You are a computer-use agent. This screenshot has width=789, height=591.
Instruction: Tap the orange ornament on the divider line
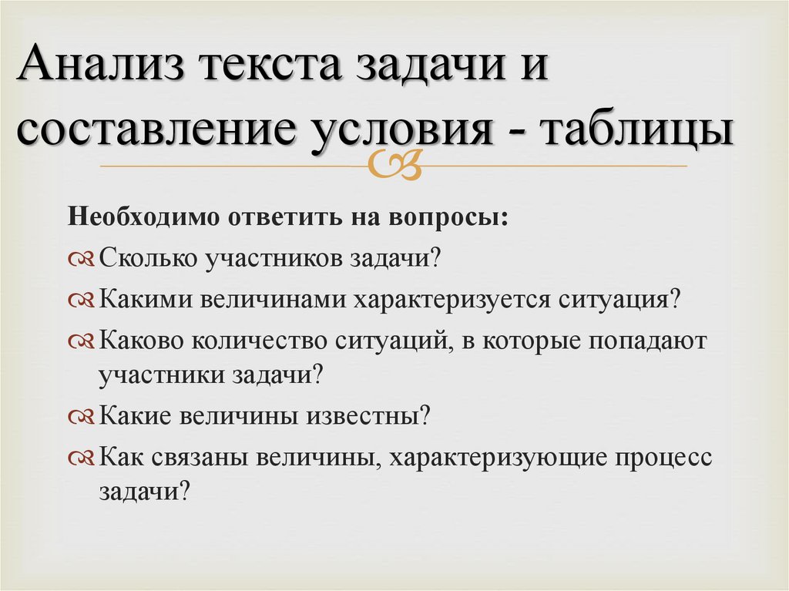406,165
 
